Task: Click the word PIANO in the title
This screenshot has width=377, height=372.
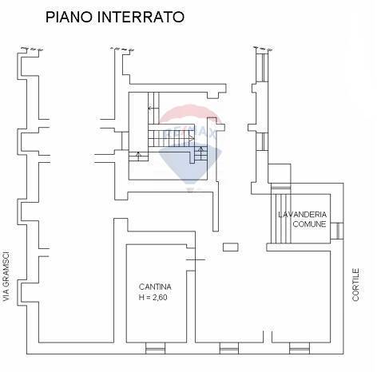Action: point(69,17)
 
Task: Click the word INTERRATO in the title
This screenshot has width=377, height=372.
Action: point(141,17)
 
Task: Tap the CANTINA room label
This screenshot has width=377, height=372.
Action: point(155,287)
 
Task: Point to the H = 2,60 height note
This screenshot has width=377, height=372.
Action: point(153,297)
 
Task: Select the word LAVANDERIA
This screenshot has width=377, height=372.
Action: point(303,215)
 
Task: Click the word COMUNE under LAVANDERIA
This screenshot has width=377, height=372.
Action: point(309,224)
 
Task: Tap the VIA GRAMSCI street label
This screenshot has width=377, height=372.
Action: point(6,277)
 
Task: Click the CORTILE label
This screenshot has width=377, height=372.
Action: point(356,284)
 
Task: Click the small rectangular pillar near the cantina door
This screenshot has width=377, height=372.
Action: point(231,247)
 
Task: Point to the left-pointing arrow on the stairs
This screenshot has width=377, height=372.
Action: point(153,109)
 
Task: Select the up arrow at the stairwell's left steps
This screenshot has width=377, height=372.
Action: point(138,156)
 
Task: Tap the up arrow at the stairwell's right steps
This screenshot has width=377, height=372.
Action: point(201,153)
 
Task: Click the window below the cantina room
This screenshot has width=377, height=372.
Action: point(156,348)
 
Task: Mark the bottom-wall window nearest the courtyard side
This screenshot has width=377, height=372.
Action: point(300,348)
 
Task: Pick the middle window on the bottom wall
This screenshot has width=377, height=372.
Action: point(229,348)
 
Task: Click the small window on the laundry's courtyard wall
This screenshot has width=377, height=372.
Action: point(337,231)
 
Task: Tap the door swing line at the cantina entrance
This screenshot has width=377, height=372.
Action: point(196,259)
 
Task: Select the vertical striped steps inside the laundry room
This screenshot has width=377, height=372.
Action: point(281,219)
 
